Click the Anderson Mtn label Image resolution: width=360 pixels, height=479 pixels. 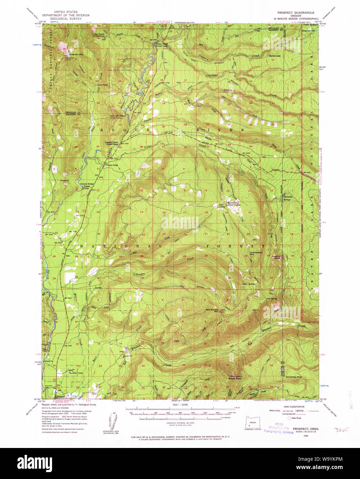click(x=76, y=54)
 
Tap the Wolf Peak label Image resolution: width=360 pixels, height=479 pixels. click(x=103, y=85)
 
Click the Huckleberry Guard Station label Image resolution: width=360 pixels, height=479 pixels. click(x=236, y=204)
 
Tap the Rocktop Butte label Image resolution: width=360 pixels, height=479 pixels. click(x=277, y=257)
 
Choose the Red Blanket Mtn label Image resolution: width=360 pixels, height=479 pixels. click(x=213, y=311)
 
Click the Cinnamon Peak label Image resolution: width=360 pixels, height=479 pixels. click(x=294, y=377)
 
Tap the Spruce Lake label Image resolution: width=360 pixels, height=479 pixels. click(x=276, y=56)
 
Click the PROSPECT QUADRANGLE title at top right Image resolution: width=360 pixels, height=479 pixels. click(x=296, y=12)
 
